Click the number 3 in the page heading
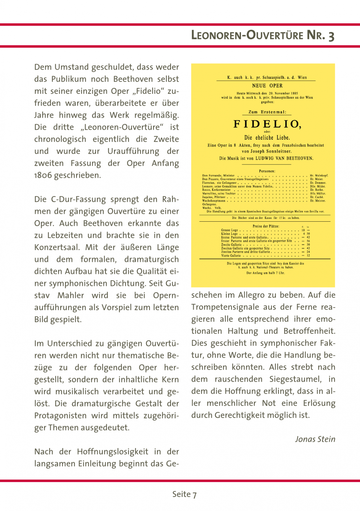pyautogui.click(x=331, y=36)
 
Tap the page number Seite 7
pyautogui.click(x=184, y=494)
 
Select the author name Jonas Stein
pyautogui.click(x=315, y=439)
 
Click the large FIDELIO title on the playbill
pyautogui.click(x=267, y=124)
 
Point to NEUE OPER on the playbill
pyautogui.click(x=267, y=86)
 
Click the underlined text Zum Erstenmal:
pyautogui.click(x=267, y=112)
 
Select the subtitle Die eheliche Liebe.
pyautogui.click(x=267, y=138)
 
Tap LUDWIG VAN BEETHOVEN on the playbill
pyautogui.click(x=284, y=158)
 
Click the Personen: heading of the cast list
pyautogui.click(x=267, y=171)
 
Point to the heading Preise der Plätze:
pyautogui.click(x=266, y=226)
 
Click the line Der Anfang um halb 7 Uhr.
pyautogui.click(x=266, y=273)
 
